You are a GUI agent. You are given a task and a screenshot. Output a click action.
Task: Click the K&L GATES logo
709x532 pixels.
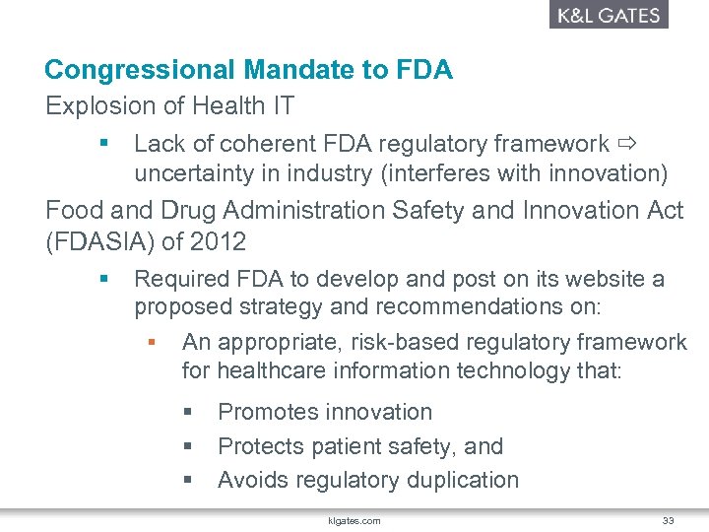pos(607,15)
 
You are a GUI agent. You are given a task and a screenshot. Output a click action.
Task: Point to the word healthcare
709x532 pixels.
pos(267,371)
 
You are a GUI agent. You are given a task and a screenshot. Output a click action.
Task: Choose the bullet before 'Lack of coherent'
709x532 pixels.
pos(104,145)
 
